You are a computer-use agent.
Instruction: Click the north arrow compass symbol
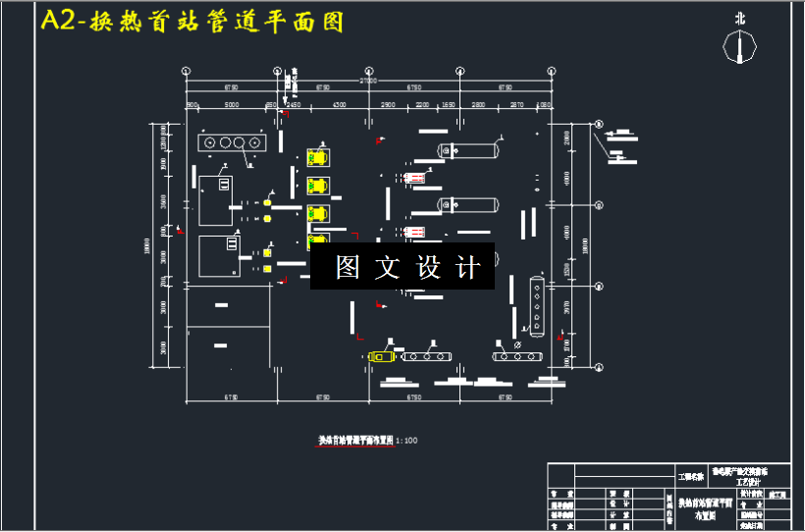(739, 45)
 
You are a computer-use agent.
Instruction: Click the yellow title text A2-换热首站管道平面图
(192, 23)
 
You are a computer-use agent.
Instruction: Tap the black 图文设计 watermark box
(402, 266)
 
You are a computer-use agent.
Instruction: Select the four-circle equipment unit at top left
(232, 143)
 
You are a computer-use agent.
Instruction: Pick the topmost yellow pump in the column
(317, 157)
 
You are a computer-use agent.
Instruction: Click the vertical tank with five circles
(536, 305)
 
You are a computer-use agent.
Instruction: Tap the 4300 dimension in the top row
(338, 104)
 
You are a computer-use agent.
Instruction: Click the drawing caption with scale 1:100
(367, 441)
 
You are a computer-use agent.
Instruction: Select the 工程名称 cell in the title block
(692, 477)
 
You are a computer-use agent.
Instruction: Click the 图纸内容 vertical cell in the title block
(669, 508)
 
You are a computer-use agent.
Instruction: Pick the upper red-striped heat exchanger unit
(413, 178)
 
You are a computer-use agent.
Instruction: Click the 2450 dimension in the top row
(294, 104)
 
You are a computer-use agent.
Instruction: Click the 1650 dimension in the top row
(448, 104)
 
